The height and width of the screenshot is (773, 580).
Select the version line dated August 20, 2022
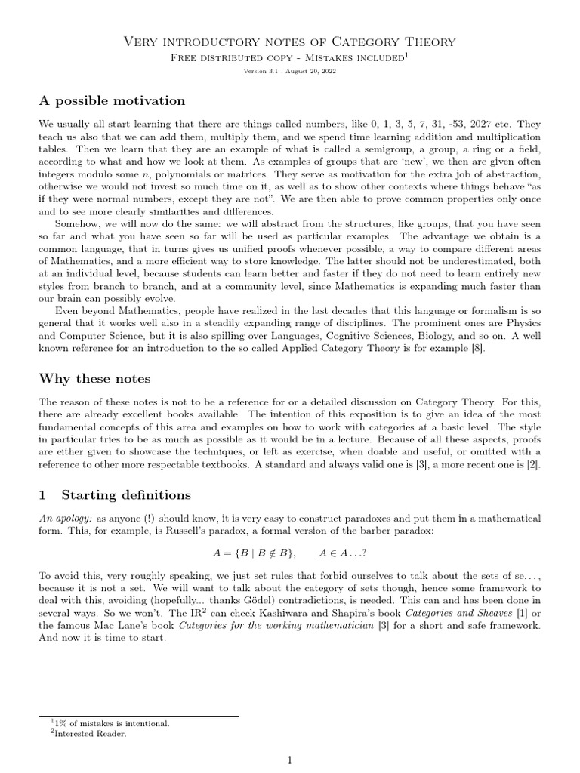click(x=289, y=71)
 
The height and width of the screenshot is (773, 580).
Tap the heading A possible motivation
click(x=111, y=100)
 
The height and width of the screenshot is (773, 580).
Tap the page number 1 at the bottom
click(x=289, y=762)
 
